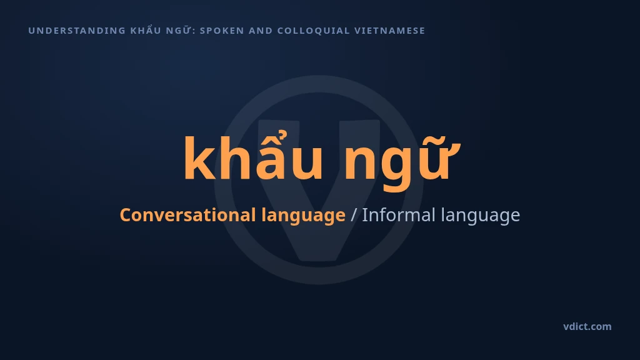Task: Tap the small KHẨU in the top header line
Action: click(145, 30)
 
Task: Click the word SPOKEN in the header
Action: click(222, 31)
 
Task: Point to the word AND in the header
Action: click(261, 31)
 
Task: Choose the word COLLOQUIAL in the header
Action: click(314, 31)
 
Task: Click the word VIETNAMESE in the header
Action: click(390, 31)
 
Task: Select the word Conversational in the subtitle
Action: click(187, 215)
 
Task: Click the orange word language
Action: click(303, 216)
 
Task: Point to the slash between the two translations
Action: click(354, 215)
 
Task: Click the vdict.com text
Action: click(587, 326)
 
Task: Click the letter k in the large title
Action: click(199, 157)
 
